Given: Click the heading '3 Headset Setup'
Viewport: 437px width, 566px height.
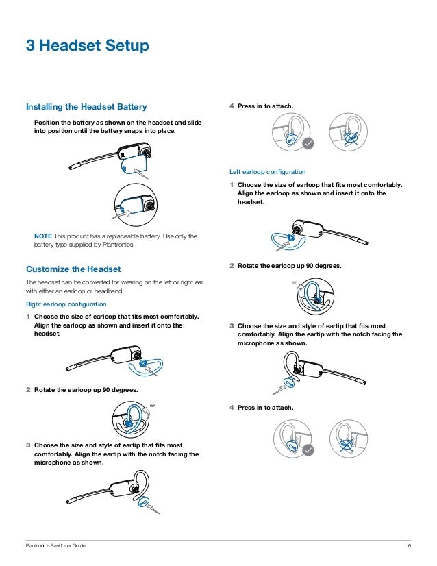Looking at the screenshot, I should coord(87,46).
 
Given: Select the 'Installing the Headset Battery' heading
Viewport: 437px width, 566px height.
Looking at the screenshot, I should coord(86,107).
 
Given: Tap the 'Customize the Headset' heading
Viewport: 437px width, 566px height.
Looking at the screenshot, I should coord(73,269).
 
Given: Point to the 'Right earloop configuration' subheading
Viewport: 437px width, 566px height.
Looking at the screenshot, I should coord(66,303).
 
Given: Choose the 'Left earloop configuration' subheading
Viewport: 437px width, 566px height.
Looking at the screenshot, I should coord(267,171).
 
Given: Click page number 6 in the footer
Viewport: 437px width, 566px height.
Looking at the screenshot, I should coord(409,545).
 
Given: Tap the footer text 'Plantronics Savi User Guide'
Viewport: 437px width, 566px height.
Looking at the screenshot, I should coord(56,545).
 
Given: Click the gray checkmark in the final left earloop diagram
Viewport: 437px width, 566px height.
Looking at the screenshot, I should coord(308,450).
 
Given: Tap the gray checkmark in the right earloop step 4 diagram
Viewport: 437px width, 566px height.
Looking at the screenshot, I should coord(308,144).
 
